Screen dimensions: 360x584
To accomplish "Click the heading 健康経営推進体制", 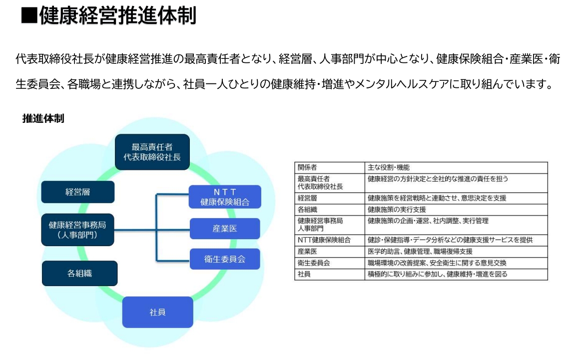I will (x=117, y=16).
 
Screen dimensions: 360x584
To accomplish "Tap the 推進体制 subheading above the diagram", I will (x=43, y=119).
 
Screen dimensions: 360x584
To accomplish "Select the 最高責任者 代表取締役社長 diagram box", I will (x=152, y=152).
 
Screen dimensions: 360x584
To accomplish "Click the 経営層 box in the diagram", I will (x=78, y=192).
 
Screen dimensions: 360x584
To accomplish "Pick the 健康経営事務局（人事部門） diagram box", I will (x=77, y=230).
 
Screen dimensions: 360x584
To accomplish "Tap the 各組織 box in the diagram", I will (x=80, y=273).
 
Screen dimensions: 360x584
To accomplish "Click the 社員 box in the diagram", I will (x=157, y=312).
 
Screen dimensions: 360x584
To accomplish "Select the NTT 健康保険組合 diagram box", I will (x=225, y=197).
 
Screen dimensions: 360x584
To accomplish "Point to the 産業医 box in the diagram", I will (x=225, y=229).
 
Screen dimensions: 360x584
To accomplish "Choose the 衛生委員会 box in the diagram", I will (x=225, y=259).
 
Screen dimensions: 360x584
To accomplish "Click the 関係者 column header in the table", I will (x=307, y=168).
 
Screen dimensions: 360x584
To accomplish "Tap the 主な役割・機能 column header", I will (x=389, y=168).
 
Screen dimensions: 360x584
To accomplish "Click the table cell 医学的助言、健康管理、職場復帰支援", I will (x=420, y=251).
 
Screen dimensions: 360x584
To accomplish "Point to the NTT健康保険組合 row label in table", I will (x=324, y=240).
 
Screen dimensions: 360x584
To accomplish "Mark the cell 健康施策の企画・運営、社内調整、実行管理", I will (x=428, y=221).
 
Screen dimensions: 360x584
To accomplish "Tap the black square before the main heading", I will (x=29, y=16).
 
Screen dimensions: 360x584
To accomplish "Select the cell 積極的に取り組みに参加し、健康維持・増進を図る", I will (x=438, y=274).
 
